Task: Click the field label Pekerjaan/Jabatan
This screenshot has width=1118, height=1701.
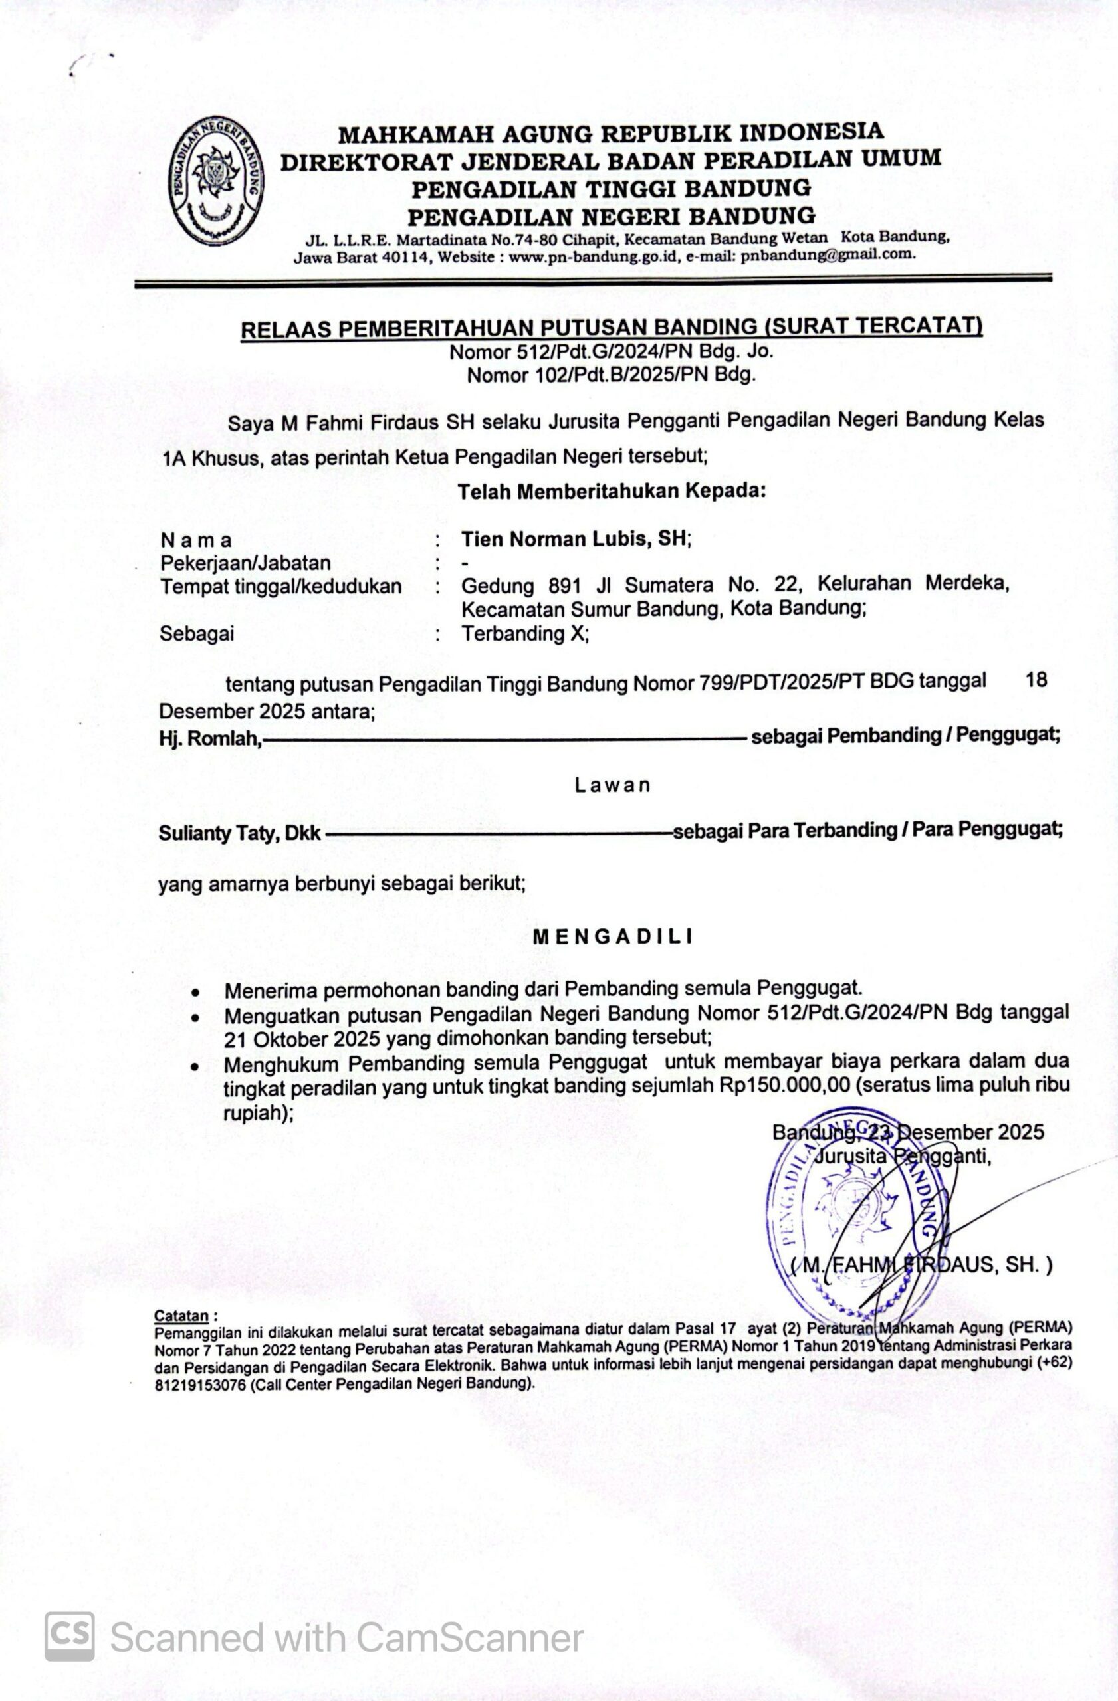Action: (x=245, y=563)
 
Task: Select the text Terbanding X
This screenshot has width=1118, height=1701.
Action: (x=524, y=633)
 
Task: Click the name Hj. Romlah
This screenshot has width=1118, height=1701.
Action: (x=209, y=738)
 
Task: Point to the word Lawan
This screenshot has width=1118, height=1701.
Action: (x=613, y=785)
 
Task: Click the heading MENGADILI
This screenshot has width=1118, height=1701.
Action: (x=613, y=936)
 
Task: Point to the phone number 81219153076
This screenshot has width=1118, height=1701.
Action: (x=199, y=1383)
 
